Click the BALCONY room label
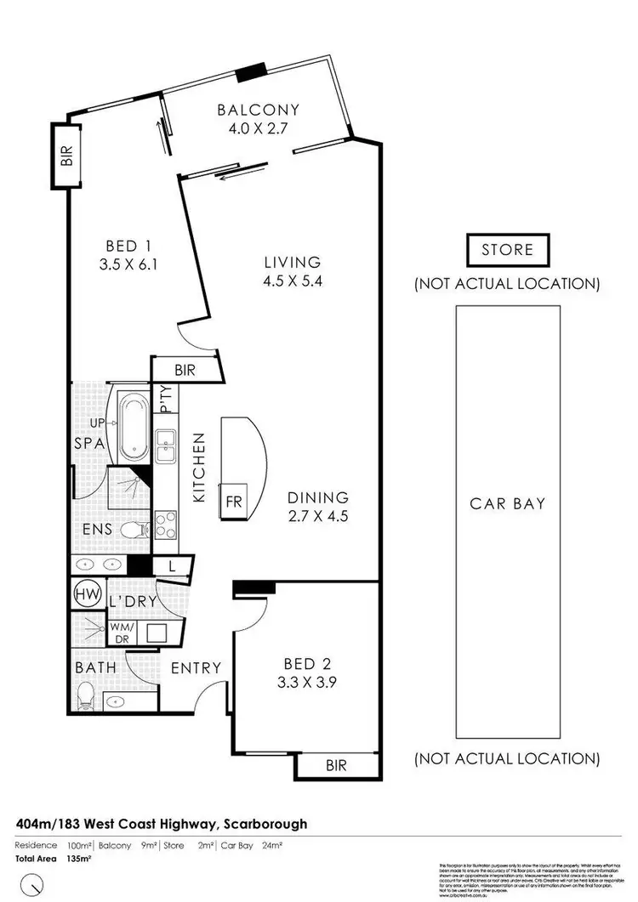point(258,110)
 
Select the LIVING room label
point(292,262)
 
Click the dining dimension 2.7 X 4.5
point(316,515)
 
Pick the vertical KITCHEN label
point(200,467)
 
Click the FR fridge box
point(232,501)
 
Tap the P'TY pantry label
point(165,398)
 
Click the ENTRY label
point(196,668)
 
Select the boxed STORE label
point(507,250)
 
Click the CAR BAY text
point(507,503)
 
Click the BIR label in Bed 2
point(337,766)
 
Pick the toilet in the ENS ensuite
point(134,530)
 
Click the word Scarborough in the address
point(265,824)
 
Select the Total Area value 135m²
point(77,859)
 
